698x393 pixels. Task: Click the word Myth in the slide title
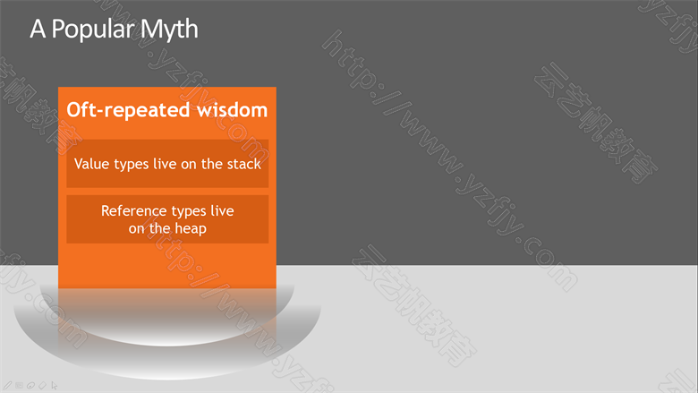coord(169,30)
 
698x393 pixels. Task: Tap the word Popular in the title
coord(92,30)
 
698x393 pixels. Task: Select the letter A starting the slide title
coord(38,29)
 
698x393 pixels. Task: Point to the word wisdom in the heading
coord(232,109)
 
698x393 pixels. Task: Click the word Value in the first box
coord(91,164)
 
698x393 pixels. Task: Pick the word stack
coord(244,164)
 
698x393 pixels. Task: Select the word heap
coord(191,229)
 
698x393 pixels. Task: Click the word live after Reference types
coord(222,210)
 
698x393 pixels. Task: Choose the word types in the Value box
coord(132,165)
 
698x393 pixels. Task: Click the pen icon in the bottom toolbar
coord(8,386)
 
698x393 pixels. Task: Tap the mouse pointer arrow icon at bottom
coord(55,386)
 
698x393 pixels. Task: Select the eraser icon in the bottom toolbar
coord(42,386)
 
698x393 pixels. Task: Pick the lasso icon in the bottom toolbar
coord(30,386)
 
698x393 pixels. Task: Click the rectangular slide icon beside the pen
coord(19,386)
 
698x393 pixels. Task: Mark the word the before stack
coord(212,164)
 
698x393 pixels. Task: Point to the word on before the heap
coord(137,230)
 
